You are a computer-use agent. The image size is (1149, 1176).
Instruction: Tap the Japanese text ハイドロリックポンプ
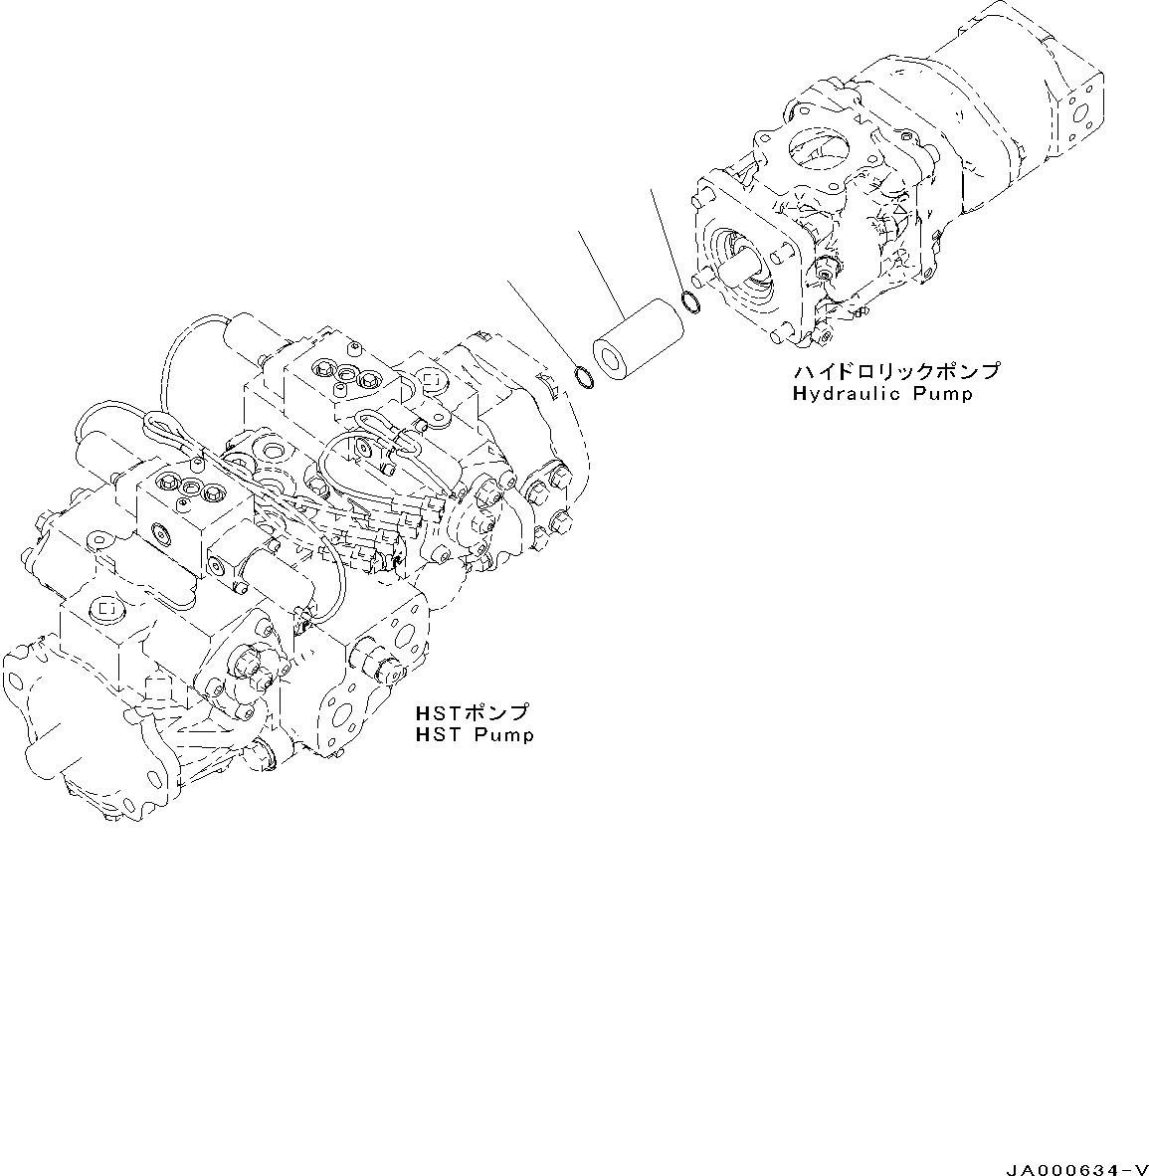[x=895, y=371]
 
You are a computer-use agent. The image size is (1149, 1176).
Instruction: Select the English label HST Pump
[x=475, y=735]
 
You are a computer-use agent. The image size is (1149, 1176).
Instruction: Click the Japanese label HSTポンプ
[x=473, y=713]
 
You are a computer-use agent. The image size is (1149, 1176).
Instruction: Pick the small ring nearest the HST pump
[x=585, y=377]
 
